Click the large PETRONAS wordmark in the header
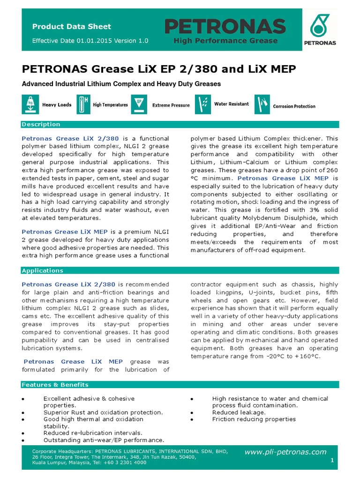[x=225, y=26]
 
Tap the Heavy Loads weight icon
[x=30, y=105]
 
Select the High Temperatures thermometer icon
[x=83, y=105]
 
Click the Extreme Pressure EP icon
[x=139, y=105]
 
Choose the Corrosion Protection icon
[x=262, y=105]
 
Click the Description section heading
[x=41, y=124]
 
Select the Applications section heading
[x=43, y=270]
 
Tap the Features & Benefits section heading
[x=55, y=385]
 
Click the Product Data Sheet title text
[x=72, y=27]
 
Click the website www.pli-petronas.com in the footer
[x=285, y=452]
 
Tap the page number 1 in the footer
[x=332, y=461]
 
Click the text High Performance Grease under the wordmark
[x=225, y=41]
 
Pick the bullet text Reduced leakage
[x=239, y=412]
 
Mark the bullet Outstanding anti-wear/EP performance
[x=104, y=440]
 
